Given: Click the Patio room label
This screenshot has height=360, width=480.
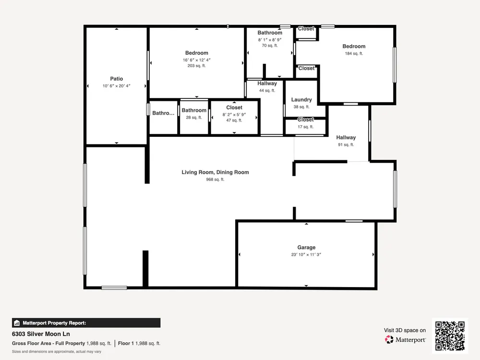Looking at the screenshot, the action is pos(116,79).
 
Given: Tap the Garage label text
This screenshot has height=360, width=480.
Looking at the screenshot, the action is pos(306,247).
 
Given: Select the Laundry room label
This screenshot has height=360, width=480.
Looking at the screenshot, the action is pos(301,100).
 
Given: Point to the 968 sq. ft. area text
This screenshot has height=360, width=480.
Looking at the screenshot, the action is pos(215,180).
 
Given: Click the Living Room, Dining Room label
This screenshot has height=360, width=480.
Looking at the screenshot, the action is pos(215,172).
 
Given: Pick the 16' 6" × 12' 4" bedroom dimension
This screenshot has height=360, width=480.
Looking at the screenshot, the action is pos(196,60).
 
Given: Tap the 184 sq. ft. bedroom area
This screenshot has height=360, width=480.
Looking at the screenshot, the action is pos(354,53).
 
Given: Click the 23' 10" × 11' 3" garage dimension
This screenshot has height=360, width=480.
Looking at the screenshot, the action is pos(306,254).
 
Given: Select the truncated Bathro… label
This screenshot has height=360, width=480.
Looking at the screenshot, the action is pos(163,113).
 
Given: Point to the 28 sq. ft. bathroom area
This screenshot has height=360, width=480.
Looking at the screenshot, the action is pos(194,117).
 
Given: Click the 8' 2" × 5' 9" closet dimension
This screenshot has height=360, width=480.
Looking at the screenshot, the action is pos(234,115).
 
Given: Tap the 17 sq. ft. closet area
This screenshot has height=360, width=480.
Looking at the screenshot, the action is pos(305,127).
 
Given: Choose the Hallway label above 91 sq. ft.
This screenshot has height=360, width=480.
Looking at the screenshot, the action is pos(346,138).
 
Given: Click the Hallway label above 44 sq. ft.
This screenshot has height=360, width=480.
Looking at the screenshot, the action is pos(267,84).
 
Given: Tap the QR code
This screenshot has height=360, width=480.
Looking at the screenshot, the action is pos(450,336).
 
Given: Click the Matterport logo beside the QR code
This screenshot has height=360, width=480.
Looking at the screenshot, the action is pos(405,339).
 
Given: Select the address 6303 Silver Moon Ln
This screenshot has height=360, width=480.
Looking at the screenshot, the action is pos(41,334).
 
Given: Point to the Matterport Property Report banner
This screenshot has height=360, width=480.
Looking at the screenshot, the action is pos(86,323).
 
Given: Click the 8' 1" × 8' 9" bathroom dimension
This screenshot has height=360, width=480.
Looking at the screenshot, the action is pos(270,40).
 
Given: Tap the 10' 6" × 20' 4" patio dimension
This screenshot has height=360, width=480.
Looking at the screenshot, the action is pos(116,86).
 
